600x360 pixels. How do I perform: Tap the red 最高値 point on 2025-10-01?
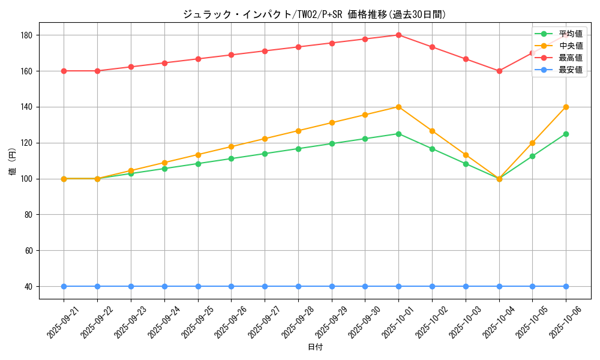398,35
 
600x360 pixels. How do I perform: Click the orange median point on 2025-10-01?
398,107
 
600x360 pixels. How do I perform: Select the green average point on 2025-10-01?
398,134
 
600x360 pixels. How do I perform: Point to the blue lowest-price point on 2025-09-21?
64,286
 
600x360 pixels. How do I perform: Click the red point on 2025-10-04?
499,71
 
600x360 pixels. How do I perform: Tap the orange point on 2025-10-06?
566,107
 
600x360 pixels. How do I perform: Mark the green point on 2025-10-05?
532,156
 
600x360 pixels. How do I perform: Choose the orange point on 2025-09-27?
265,139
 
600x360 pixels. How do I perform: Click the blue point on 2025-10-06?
566,286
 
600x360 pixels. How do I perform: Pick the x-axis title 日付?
314,347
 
